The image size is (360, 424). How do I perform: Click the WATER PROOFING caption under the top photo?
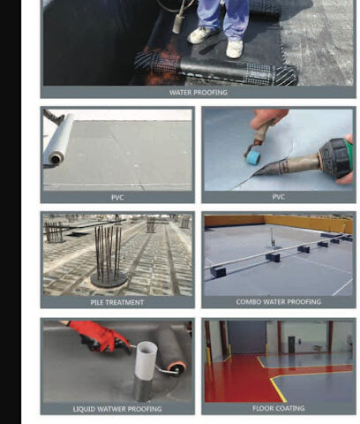199,93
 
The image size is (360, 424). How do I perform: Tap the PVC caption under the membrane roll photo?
117,197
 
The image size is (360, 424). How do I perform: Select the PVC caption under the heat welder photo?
278,196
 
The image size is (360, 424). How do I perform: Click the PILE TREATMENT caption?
117,302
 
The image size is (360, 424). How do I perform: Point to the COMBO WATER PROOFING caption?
278,302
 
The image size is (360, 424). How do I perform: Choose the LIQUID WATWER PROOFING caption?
117,409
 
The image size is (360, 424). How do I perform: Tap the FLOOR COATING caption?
278,408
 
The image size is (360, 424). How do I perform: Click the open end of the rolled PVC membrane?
56,159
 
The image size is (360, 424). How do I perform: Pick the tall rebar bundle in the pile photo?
108,253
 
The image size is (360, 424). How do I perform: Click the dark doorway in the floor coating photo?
291,344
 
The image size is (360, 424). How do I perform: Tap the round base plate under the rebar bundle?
109,281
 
